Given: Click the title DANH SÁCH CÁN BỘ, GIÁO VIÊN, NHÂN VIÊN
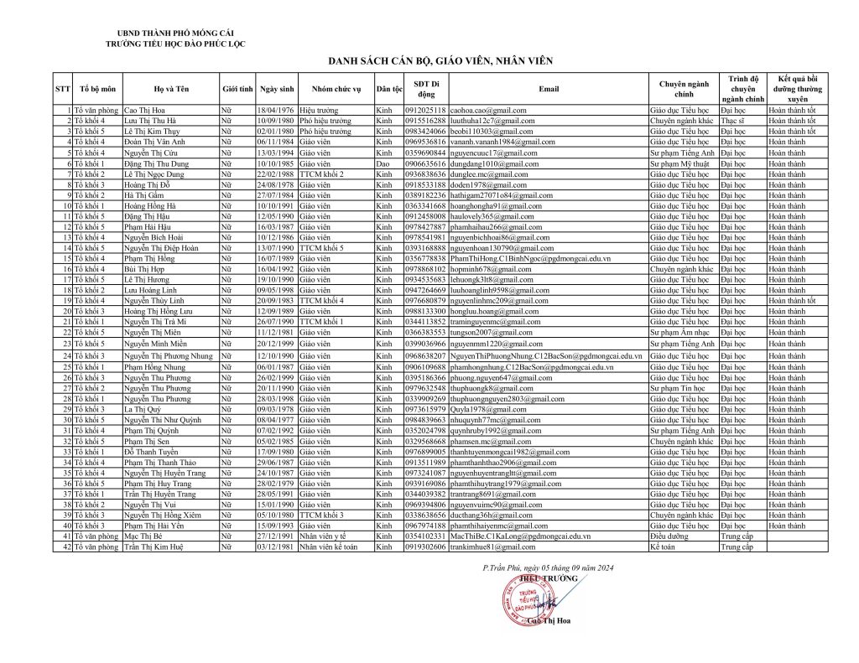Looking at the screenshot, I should pyautogui.click(x=429, y=61).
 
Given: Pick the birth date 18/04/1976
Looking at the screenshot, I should pyautogui.click(x=276, y=110).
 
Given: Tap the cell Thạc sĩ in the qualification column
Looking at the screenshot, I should pyautogui.click(x=731, y=121).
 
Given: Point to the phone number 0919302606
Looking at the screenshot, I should pyautogui.click(x=425, y=546).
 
